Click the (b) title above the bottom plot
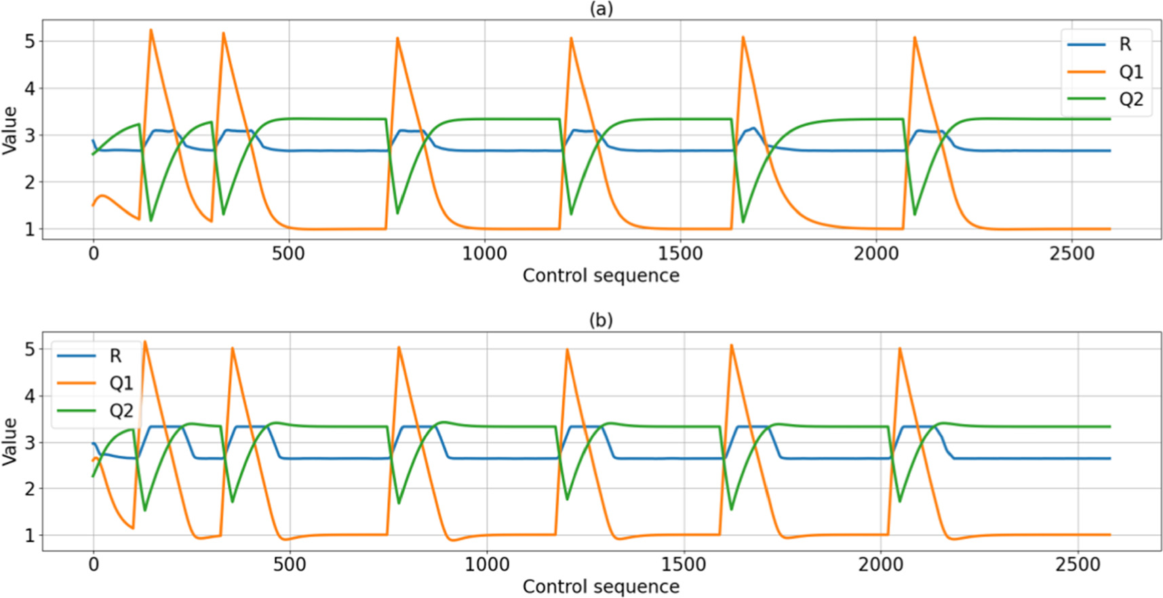point(601,320)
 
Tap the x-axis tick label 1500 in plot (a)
point(680,254)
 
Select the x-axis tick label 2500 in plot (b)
point(1078,565)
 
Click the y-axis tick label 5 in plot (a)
point(30,41)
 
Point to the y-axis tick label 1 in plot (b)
point(30,536)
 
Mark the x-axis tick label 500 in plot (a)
point(288,254)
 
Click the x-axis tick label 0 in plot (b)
point(94,565)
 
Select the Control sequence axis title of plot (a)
point(601,276)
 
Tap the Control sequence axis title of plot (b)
point(601,586)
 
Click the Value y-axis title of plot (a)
point(9,130)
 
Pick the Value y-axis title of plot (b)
point(9,441)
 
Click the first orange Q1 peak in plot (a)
point(151,31)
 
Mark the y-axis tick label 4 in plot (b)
point(30,396)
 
